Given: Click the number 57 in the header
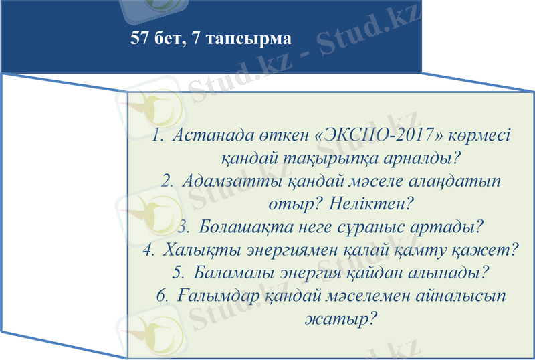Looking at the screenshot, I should pyautogui.click(x=140, y=38).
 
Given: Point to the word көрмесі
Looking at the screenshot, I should pyautogui.click(x=475, y=134).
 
